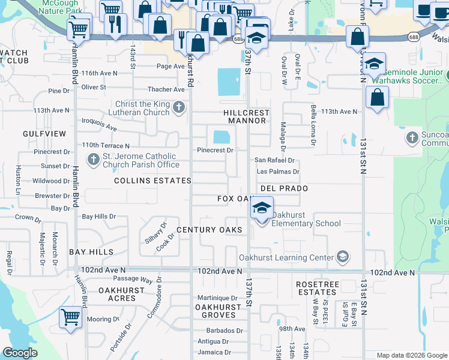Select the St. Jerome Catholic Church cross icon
pos(93,160)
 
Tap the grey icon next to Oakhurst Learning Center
pos(342,257)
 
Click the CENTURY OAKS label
pos(209,230)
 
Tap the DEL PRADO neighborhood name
pos(284,188)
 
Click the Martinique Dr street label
pos(217,298)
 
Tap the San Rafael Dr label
pos(274,160)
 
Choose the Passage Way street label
pos(134,279)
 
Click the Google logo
pos(20,353)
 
